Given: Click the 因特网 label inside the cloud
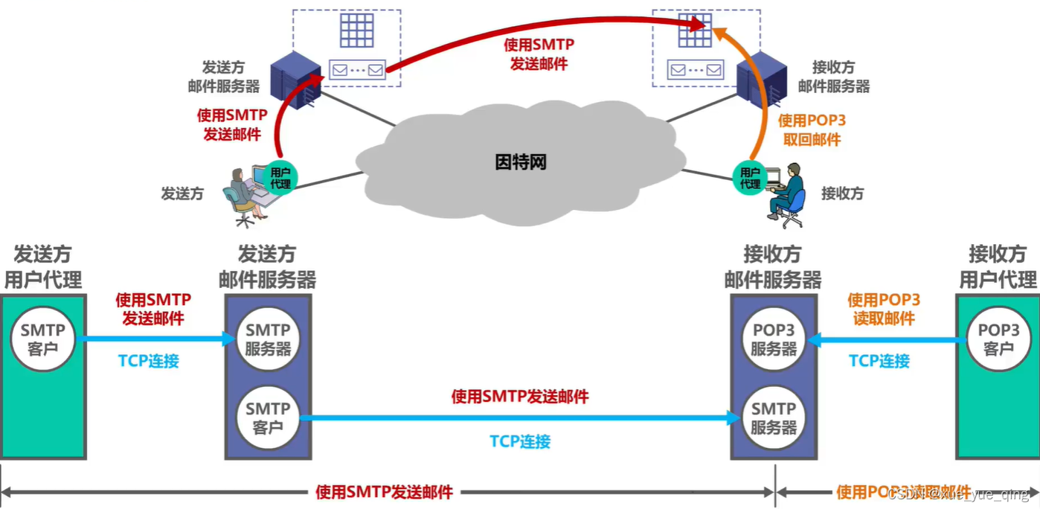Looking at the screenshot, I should pos(521,162).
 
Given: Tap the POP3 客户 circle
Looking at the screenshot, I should pos(998,339).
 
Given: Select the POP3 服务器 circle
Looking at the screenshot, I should pos(774,339).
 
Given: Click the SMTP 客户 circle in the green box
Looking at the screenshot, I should pos(43,339).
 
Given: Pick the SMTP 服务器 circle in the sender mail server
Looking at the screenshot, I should pos(268,339).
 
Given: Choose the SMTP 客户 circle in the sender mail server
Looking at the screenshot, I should pos(268,417).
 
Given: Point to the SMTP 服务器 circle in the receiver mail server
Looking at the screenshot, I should pos(774,417).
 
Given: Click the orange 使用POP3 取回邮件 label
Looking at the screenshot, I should pos(812,129).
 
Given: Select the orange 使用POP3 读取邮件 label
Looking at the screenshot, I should pos(884,309).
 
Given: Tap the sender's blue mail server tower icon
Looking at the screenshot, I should pos(295,78).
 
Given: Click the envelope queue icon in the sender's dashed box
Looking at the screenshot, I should pos(357,71).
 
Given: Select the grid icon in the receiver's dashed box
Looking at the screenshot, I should pos(695,31).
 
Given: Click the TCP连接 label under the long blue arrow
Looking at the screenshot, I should pos(520,441).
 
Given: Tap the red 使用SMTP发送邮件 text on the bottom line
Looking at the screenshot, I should pos(384,492).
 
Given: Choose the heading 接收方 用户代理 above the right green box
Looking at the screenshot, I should pos(998,266).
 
